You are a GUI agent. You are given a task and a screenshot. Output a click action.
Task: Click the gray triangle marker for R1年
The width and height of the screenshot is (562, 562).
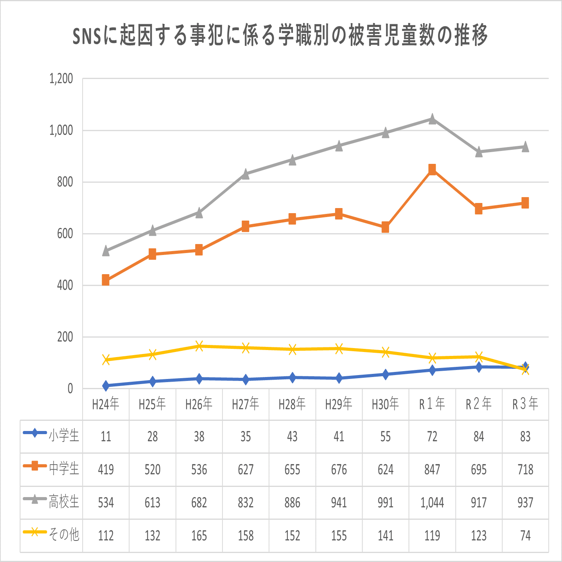click(432, 119)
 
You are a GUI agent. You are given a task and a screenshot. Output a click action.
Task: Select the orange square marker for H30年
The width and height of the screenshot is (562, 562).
click(385, 227)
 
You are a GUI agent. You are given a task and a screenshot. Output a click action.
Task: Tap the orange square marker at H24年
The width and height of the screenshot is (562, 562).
click(106, 280)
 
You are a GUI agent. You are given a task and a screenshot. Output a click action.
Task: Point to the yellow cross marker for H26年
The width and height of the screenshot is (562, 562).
click(199, 346)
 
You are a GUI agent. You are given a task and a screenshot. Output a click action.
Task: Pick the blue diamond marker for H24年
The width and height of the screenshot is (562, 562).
click(106, 386)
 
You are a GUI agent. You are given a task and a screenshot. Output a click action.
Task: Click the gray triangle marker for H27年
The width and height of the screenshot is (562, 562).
click(246, 174)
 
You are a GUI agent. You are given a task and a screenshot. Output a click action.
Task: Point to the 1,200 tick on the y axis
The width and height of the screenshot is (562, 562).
click(61, 79)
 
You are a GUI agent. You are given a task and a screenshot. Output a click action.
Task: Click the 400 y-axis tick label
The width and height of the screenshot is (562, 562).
click(65, 285)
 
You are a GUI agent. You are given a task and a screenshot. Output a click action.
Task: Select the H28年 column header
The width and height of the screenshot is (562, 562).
click(292, 404)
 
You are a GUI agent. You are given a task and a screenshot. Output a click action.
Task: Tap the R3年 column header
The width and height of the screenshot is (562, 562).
click(525, 404)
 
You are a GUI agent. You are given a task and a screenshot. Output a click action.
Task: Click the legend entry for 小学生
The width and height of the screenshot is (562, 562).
click(51, 435)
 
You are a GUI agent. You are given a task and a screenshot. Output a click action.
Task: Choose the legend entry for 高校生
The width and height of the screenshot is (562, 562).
click(51, 501)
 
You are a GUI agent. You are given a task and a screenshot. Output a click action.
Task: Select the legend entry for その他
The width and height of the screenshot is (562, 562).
click(51, 534)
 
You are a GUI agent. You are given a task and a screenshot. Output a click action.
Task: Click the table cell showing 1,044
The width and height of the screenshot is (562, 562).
click(432, 503)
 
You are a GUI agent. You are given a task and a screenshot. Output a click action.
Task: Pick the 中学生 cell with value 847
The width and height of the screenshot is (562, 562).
click(432, 469)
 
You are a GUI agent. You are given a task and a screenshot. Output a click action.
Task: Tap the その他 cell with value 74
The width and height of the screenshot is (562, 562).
click(525, 535)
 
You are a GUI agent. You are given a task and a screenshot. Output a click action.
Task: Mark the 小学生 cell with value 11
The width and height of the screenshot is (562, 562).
click(106, 436)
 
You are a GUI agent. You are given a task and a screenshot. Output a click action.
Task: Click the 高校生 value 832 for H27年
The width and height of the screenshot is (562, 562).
click(246, 503)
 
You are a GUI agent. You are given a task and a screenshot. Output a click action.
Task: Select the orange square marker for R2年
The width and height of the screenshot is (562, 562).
click(479, 209)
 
